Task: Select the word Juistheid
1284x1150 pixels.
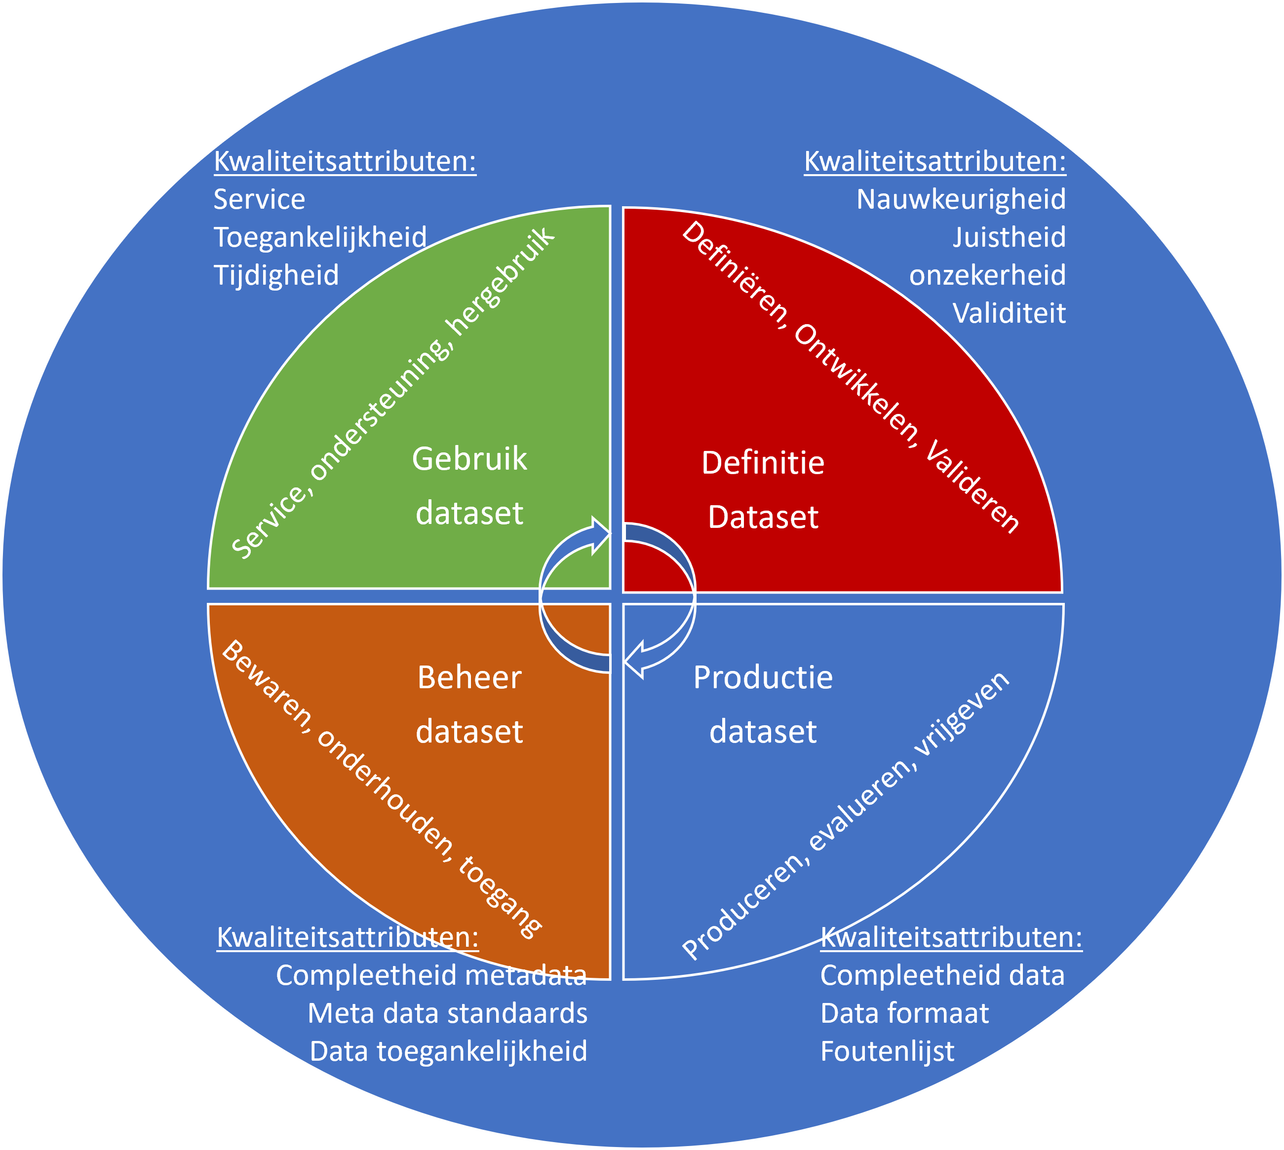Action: [x=1009, y=238]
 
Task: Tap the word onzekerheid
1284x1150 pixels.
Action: [x=987, y=275]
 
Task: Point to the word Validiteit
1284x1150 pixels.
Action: [x=1009, y=313]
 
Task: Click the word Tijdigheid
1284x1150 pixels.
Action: [x=276, y=275]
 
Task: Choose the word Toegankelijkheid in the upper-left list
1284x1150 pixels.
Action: [x=320, y=238]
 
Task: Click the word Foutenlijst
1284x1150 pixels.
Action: [x=887, y=1051]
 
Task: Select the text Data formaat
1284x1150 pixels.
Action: [x=904, y=1013]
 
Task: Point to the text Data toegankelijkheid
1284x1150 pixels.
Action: [x=449, y=1051]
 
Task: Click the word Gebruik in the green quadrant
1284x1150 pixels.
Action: [x=469, y=459]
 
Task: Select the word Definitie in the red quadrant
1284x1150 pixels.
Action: [x=763, y=463]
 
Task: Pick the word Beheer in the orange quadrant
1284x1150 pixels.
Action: [x=469, y=677]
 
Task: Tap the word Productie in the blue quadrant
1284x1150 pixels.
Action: [x=763, y=677]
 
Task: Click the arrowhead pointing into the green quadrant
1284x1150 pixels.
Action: [x=601, y=535]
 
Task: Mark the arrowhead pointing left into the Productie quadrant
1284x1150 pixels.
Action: [x=634, y=660]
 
